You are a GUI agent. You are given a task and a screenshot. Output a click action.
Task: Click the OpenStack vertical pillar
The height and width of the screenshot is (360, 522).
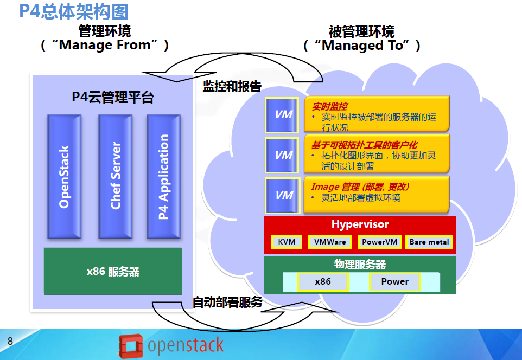64,177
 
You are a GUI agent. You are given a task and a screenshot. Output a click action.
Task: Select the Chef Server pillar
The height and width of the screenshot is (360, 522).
115,177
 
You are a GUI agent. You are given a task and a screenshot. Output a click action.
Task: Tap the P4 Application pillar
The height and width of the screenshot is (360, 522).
163,177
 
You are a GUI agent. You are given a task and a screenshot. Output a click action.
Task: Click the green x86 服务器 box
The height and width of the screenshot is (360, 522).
113,271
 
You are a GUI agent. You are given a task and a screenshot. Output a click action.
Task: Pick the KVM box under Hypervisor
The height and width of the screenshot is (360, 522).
287,242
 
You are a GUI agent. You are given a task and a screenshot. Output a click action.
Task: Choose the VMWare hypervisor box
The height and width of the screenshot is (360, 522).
330,242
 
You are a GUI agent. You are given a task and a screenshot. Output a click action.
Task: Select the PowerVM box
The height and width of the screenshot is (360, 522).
379,242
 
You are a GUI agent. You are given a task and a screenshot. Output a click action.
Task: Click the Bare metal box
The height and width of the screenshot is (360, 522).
429,242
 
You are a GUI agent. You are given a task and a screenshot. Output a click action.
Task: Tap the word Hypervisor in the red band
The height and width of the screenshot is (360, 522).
360,224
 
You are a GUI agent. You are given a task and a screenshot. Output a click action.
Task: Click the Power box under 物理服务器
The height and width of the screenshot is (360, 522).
395,281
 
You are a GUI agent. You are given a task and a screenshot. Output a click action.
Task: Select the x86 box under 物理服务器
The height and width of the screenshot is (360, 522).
323,281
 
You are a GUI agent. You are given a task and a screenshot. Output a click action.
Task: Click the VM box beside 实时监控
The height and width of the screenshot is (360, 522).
282,115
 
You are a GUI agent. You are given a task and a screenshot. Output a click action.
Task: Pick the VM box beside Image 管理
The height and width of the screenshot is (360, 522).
283,195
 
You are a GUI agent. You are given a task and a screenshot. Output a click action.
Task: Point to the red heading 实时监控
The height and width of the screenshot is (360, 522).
329,106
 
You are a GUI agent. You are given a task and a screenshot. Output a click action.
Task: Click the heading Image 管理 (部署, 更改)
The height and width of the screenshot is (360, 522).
360,187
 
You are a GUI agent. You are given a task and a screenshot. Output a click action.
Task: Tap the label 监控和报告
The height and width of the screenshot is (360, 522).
232,87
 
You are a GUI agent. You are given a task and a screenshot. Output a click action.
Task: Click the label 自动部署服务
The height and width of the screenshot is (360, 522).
228,302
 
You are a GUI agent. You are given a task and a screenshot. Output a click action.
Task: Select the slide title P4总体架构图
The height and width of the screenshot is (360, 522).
74,11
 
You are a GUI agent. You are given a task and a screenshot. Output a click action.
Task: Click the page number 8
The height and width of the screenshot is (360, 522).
10,341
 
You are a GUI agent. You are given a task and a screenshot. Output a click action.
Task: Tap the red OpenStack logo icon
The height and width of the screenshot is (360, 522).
130,346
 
